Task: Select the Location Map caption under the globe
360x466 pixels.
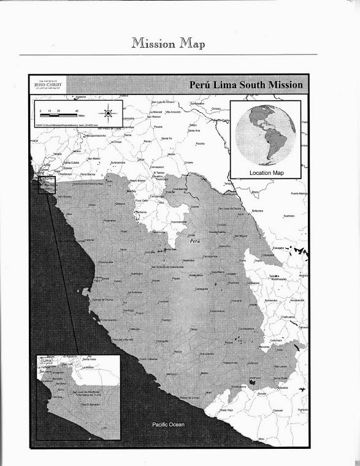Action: [267, 173]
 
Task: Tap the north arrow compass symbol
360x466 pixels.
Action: [108, 113]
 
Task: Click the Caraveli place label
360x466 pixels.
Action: [278, 410]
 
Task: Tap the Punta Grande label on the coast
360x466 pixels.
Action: [108, 319]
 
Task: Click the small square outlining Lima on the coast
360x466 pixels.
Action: [47, 184]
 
